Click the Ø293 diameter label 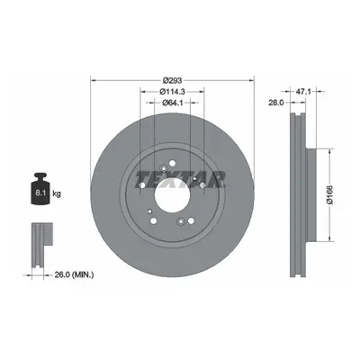pyautogui.click(x=173, y=80)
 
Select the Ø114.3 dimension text pyautogui.click(x=173, y=91)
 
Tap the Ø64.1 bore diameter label pyautogui.click(x=173, y=103)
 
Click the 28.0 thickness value pyautogui.click(x=276, y=103)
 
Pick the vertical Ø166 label pyautogui.click(x=330, y=195)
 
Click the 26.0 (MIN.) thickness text pyautogui.click(x=74, y=274)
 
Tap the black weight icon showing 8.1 pyautogui.click(x=40, y=189)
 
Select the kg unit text pyautogui.click(x=57, y=193)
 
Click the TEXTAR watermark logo pyautogui.click(x=181, y=179)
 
